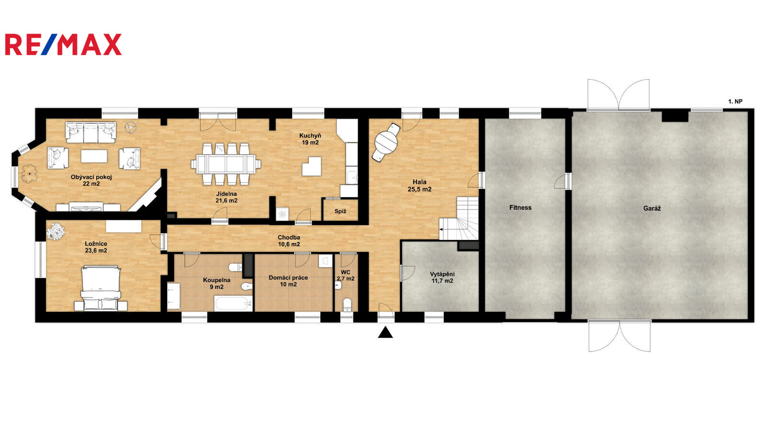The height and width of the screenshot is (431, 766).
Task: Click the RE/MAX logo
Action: pyautogui.click(x=63, y=45)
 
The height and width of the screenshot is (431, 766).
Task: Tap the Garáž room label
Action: pyautogui.click(x=652, y=208)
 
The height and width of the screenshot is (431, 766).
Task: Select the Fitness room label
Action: pyautogui.click(x=520, y=208)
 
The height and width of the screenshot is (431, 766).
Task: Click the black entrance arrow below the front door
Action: pyautogui.click(x=385, y=332)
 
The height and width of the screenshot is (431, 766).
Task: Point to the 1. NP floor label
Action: pyautogui.click(x=735, y=102)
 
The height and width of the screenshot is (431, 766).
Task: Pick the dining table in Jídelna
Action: pyautogui.click(x=225, y=164)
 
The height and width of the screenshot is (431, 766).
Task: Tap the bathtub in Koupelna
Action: pyautogui.click(x=233, y=304)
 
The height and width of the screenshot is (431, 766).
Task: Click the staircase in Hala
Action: pyautogui.click(x=459, y=218)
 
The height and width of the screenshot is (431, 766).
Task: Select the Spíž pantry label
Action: pyautogui.click(x=340, y=211)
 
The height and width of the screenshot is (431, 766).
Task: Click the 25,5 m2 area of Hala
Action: pyautogui.click(x=419, y=189)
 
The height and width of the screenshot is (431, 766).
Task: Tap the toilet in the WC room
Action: pyautogui.click(x=347, y=305)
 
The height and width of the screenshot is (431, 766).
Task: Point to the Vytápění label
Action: pyautogui.click(x=442, y=274)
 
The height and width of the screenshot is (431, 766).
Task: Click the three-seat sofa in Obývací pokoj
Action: pyautogui.click(x=90, y=132)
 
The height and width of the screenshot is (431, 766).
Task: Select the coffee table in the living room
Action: pyautogui.click(x=94, y=156)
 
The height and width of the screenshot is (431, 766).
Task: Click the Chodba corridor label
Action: pyautogui.click(x=289, y=238)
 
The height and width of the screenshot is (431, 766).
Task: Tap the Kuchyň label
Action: pyautogui.click(x=310, y=136)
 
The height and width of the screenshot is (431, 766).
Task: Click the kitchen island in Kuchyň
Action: pyautogui.click(x=312, y=166)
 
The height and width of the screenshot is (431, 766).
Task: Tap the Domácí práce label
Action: pyautogui.click(x=288, y=278)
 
